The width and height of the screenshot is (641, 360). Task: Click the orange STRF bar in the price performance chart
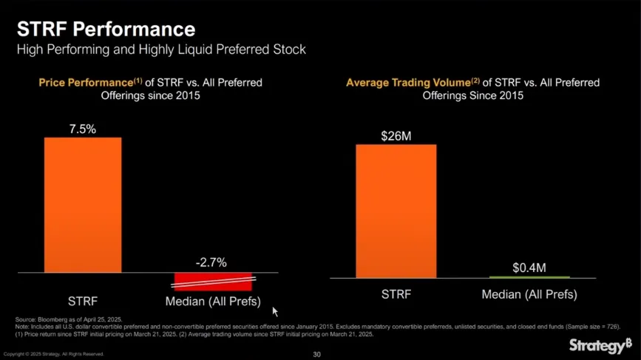83,205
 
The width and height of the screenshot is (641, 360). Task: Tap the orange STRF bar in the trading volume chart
396,211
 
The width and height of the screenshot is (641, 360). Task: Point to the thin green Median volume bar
529,276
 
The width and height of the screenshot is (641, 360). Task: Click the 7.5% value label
83,129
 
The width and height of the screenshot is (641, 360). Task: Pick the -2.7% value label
211,262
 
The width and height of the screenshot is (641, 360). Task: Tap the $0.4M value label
529,266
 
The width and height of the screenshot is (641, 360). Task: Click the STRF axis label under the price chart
83,302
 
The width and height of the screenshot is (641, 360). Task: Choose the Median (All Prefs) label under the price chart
212,302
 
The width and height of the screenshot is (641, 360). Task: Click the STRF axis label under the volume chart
396,294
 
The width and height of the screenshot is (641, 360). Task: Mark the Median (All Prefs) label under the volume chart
529,294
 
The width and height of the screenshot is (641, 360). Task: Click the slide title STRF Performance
106,30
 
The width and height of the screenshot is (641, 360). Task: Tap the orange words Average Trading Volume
407,82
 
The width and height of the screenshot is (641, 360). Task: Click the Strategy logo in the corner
600,345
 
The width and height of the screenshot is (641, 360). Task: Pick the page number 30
317,354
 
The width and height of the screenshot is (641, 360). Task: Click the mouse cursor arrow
275,312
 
